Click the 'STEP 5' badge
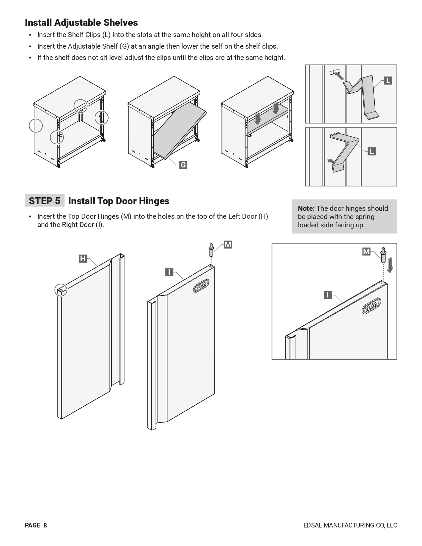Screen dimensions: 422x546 (x=45, y=201)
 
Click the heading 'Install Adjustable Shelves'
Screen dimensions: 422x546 (x=81, y=23)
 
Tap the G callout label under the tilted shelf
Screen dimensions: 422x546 (x=183, y=165)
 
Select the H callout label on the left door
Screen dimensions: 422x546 (x=83, y=258)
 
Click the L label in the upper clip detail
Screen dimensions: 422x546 (x=388, y=80)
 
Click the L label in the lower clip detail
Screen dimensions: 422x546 (x=371, y=151)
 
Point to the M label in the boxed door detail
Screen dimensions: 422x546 (x=366, y=252)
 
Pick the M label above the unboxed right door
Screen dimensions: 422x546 (x=228, y=245)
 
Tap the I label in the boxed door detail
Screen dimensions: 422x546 (x=327, y=295)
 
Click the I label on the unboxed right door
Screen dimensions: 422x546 (x=169, y=272)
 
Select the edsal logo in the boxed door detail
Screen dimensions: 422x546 (x=371, y=306)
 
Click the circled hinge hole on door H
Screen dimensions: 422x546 (x=61, y=290)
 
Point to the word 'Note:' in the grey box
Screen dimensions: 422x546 (x=306, y=208)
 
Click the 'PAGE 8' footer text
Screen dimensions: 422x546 (x=36, y=525)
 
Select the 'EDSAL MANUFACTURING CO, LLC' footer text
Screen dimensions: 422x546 (x=350, y=525)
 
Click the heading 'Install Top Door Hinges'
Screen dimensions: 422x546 (x=118, y=201)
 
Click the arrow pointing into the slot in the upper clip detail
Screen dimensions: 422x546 (x=340, y=76)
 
